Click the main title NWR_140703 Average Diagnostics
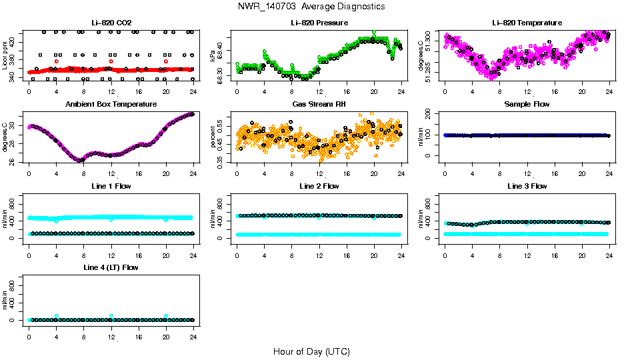click(x=311, y=6)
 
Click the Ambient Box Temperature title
click(x=111, y=104)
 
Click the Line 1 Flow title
click(x=111, y=186)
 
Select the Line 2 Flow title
click(x=319, y=186)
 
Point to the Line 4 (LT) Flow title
click(x=111, y=267)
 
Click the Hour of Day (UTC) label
click(x=311, y=351)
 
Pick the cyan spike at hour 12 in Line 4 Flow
click(x=111, y=315)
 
